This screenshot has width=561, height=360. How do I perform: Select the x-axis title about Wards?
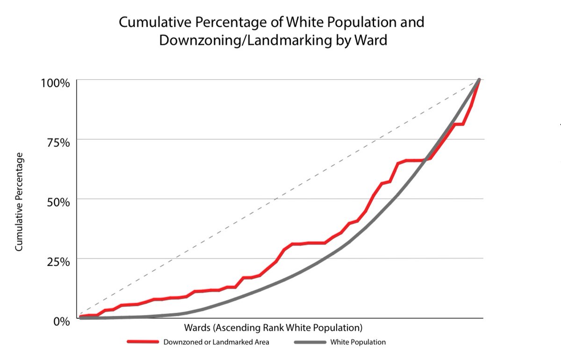coord(273,326)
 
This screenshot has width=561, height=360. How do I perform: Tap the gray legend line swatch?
coord(310,342)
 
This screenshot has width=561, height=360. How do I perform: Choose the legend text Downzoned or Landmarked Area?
coord(216,342)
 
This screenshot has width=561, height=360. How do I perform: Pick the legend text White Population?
coord(358,342)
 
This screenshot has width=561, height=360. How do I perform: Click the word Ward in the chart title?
coord(371,40)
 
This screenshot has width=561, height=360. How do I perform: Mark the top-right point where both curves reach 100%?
coord(479,80)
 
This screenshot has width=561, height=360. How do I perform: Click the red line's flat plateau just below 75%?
coord(415,160)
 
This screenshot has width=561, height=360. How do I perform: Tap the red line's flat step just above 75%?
coord(459,124)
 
